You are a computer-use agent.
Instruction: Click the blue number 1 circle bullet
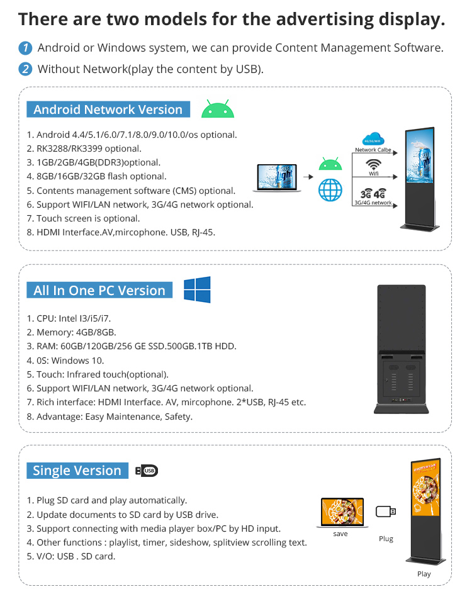click(x=25, y=48)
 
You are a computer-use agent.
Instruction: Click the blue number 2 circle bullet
click(x=25, y=69)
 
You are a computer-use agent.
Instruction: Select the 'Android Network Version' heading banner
click(x=108, y=109)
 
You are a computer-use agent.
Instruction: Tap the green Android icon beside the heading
click(x=218, y=108)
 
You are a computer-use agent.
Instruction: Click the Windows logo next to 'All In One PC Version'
click(x=197, y=289)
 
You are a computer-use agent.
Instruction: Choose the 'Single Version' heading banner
click(x=77, y=470)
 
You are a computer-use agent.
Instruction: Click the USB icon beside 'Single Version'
click(x=147, y=471)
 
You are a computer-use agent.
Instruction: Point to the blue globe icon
click(x=330, y=190)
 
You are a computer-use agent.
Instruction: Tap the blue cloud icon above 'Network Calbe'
click(x=373, y=138)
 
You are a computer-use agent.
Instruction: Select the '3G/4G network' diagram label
click(x=373, y=203)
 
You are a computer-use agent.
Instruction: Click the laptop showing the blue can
click(x=277, y=177)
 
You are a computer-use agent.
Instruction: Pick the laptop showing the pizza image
click(x=342, y=513)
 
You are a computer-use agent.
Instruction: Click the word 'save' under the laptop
click(x=340, y=534)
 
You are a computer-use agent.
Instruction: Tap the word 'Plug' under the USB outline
click(x=386, y=539)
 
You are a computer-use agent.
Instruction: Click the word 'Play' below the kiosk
click(x=424, y=574)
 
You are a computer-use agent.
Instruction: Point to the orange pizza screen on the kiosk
click(x=426, y=488)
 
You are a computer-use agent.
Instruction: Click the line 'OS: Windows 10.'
click(x=65, y=361)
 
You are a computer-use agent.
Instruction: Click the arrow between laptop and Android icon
click(x=308, y=177)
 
